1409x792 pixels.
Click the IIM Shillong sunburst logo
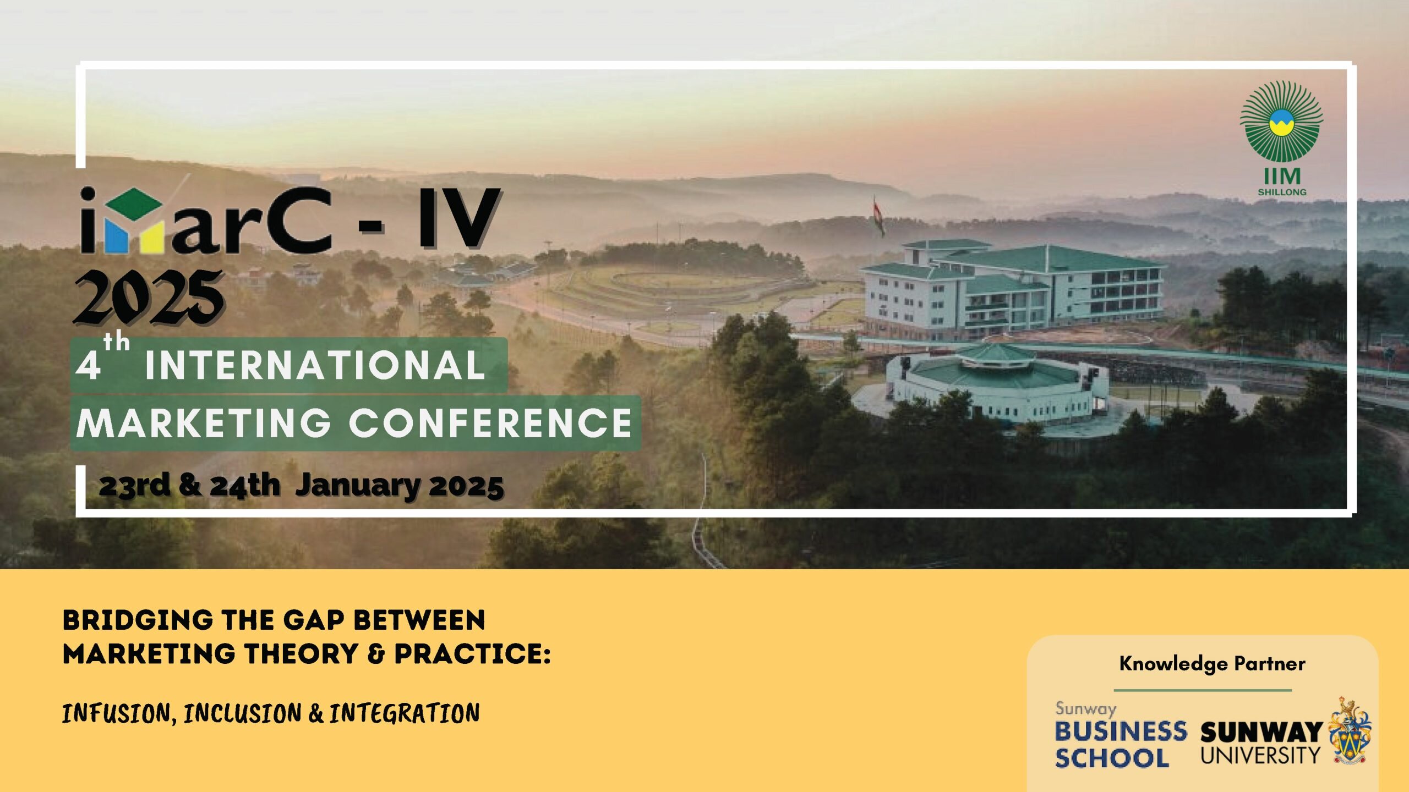pyautogui.click(x=1281, y=122)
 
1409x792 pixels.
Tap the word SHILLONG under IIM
pyautogui.click(x=1282, y=193)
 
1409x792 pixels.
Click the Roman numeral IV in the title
pyautogui.click(x=460, y=219)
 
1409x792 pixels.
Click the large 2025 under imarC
pyautogui.click(x=149, y=298)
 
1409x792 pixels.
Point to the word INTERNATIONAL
pyautogui.click(x=315, y=365)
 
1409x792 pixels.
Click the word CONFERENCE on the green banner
pyautogui.click(x=491, y=424)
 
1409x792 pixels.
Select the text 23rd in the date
pyautogui.click(x=134, y=485)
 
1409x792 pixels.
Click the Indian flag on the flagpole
pyautogui.click(x=878, y=216)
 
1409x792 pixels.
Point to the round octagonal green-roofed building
pyautogui.click(x=996, y=385)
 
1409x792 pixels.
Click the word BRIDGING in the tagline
pyautogui.click(x=138, y=620)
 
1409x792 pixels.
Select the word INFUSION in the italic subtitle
pyautogui.click(x=118, y=714)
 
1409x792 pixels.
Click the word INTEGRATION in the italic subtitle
pyautogui.click(x=405, y=714)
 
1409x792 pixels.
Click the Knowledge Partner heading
pyautogui.click(x=1212, y=664)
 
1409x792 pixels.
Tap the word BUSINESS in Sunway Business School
pyautogui.click(x=1121, y=732)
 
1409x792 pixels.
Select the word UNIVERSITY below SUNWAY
pyautogui.click(x=1260, y=756)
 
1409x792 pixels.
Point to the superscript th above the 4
pyautogui.click(x=117, y=343)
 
